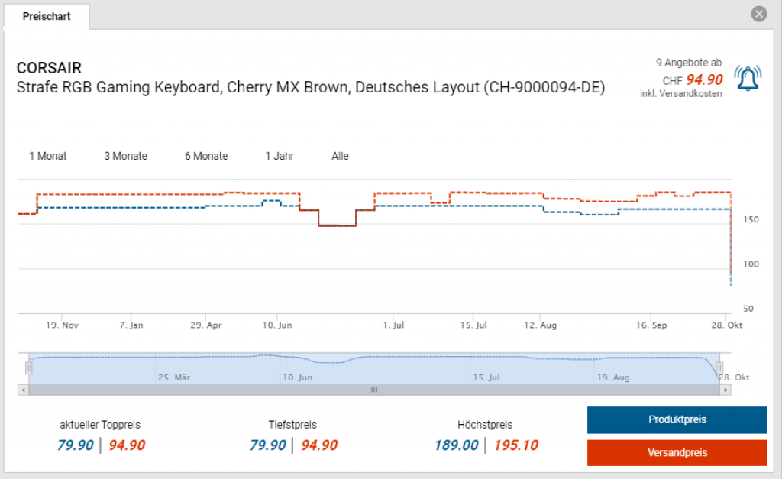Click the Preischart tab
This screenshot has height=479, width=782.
[x=47, y=16]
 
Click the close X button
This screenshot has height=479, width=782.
[x=758, y=14]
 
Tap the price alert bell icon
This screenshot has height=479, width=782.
[x=748, y=78]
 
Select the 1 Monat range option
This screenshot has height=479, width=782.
[x=48, y=156]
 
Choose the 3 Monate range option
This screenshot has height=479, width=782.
[x=126, y=156]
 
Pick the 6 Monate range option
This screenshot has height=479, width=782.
[x=206, y=156]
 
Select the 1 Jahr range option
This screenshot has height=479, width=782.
[x=280, y=156]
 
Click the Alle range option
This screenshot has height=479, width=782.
[x=340, y=156]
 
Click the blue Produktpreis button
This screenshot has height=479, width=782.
[x=677, y=419]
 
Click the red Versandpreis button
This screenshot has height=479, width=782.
[x=677, y=452]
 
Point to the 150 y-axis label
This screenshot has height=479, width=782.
[x=749, y=220]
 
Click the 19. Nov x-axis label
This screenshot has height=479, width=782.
[x=63, y=325]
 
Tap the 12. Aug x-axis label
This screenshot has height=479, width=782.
[x=540, y=325]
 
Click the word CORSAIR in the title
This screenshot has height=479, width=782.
[x=49, y=69]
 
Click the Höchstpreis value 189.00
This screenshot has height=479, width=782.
[x=456, y=445]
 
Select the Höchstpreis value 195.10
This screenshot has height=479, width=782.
[x=515, y=445]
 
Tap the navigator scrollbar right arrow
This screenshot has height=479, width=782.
[x=725, y=390]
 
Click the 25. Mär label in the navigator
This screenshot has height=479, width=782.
[x=173, y=377]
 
